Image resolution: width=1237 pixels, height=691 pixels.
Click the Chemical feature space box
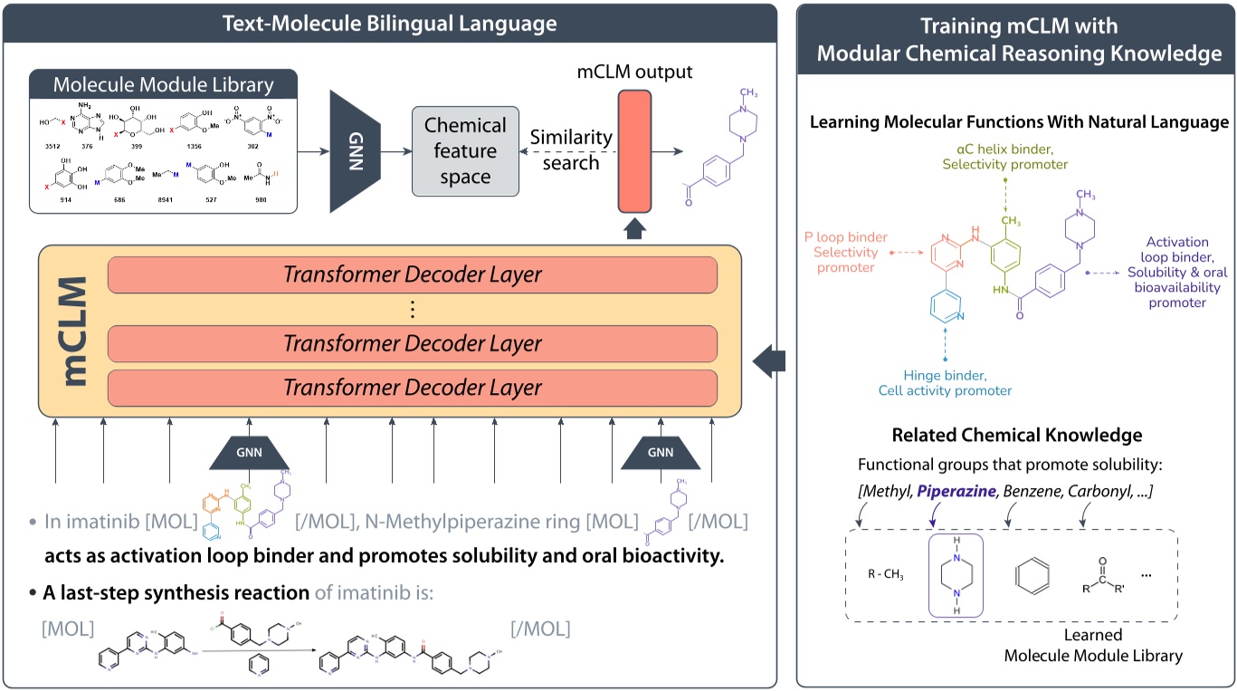[x=465, y=150]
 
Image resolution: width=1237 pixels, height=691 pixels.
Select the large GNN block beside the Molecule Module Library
[x=355, y=150]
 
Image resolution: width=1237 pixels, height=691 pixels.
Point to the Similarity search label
[x=571, y=150]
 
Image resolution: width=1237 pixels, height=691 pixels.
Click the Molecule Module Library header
[x=163, y=85]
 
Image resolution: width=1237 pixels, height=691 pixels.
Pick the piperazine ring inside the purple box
[x=957, y=573]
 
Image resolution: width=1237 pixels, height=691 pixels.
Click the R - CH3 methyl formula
[x=884, y=574]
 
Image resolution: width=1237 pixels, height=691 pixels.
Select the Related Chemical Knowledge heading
[x=1016, y=436]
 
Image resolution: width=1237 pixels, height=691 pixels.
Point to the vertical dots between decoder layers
[x=412, y=310]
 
